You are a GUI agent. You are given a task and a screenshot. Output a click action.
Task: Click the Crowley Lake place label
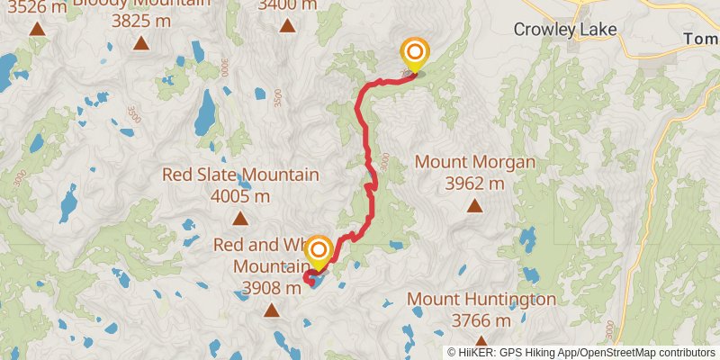565,29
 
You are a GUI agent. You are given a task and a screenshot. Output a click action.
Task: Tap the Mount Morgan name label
475,163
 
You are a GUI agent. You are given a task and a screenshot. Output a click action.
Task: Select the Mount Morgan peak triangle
474,206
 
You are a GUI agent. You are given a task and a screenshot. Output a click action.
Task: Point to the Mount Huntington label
481,299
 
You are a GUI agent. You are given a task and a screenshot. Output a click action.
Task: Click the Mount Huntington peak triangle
474,342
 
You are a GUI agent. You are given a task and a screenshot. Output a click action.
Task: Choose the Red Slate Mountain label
240,175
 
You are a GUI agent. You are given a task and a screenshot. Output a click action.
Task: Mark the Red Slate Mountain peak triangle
240,218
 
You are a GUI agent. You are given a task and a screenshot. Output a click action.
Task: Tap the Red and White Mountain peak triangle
271,311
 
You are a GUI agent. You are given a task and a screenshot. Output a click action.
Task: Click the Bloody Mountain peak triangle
140,42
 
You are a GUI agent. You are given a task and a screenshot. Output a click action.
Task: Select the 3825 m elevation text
140,20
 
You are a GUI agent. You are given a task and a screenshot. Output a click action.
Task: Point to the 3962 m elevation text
475,184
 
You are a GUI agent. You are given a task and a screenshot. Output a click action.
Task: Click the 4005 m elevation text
240,196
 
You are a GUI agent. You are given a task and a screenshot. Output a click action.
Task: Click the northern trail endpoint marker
415,53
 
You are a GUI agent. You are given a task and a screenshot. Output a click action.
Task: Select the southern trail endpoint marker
318,251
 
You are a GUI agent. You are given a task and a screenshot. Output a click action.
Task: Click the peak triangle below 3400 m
287,25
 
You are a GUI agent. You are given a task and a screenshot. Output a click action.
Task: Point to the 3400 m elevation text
287,5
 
